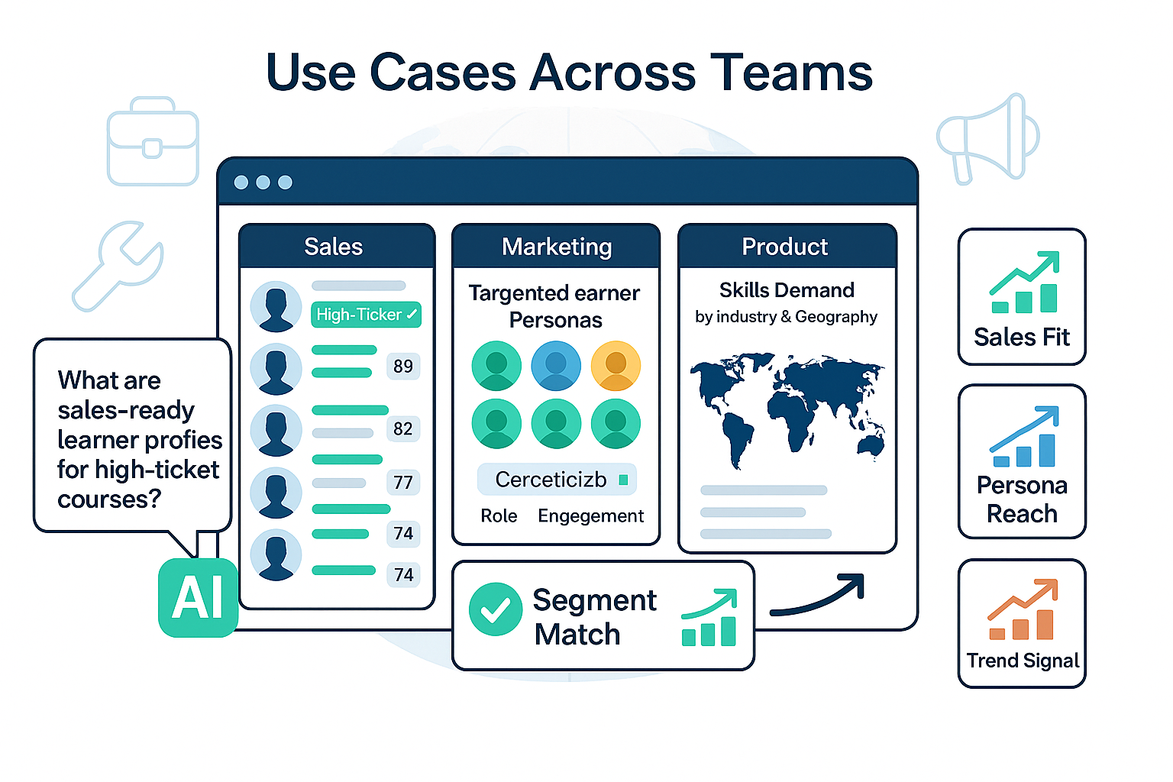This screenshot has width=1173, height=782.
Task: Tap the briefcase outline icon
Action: [x=153, y=143]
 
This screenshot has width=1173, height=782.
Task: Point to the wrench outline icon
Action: [x=119, y=265]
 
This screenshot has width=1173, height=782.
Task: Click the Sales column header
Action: [x=334, y=247]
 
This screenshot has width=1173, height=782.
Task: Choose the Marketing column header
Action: [x=557, y=247]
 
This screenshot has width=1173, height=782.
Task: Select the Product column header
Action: [x=785, y=247]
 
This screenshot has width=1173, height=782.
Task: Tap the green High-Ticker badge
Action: [x=366, y=315]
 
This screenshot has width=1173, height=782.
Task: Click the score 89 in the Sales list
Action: [x=403, y=367]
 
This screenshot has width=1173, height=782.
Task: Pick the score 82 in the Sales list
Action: [x=403, y=429]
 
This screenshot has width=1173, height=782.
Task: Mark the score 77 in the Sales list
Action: [x=403, y=483]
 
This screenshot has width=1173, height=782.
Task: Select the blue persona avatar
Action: [x=556, y=366]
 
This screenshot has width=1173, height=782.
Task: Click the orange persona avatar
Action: [x=616, y=366]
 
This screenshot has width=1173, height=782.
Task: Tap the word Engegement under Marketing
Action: [x=590, y=516]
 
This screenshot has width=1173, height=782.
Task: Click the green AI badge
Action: [x=198, y=597]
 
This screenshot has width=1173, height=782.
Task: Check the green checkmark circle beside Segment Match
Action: [x=496, y=609]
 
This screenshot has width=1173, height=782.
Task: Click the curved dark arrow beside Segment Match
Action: [x=818, y=596]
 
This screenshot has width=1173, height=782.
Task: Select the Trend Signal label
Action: [x=1023, y=661]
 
